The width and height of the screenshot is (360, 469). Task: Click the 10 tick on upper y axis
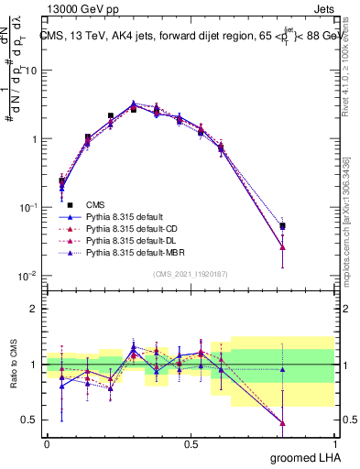(x=31, y=71)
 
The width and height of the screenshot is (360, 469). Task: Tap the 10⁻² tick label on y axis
(x=28, y=276)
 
